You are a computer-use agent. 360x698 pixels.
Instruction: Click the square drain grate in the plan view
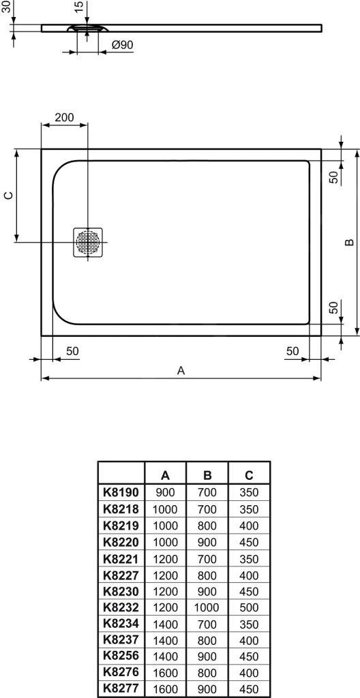[87, 243]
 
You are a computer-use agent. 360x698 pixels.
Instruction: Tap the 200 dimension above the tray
[64, 117]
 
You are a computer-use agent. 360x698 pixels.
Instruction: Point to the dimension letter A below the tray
[181, 370]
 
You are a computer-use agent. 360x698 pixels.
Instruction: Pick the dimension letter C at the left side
[8, 196]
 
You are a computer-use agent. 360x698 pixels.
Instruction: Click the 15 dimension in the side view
[79, 7]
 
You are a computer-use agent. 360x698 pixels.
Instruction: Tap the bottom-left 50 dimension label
[72, 351]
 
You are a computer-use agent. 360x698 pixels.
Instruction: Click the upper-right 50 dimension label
[334, 176]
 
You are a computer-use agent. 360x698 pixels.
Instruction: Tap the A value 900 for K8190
[166, 491]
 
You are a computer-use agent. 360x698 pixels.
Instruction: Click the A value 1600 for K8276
[166, 672]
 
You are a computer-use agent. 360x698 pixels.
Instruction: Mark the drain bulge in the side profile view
[87, 29]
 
